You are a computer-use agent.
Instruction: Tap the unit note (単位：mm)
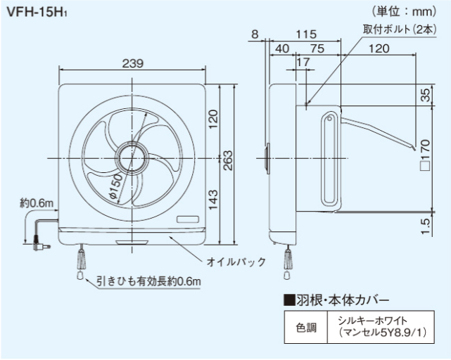409,12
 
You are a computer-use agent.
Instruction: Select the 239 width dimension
132,63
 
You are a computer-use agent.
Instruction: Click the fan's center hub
131,156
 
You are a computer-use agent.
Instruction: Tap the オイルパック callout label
236,262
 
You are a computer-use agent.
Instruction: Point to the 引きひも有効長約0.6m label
149,282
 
